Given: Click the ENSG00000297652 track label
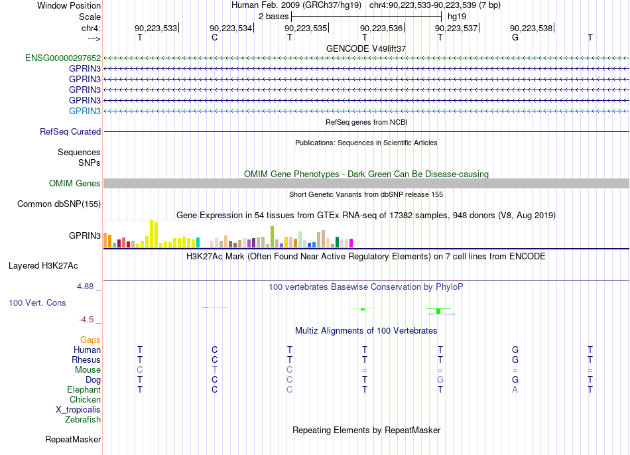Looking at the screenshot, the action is [63, 58].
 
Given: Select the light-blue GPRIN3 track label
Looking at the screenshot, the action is [85, 111].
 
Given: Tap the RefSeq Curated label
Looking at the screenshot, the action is [70, 131].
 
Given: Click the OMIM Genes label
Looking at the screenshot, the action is [75, 183].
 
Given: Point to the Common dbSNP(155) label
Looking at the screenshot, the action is [59, 204].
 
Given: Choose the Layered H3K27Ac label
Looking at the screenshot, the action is [43, 266].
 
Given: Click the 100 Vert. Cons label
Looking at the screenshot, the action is [37, 302].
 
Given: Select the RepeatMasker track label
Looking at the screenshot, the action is [73, 439].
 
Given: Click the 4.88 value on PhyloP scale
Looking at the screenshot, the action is [85, 286].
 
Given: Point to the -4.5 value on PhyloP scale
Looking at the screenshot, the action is [86, 320].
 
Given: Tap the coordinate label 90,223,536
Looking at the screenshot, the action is [381, 28].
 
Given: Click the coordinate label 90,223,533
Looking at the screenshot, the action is [156, 28].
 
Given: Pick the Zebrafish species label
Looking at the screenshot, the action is [83, 419].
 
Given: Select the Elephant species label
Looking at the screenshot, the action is [84, 389].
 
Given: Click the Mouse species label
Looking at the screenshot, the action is [88, 369].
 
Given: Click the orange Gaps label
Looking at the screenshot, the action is [90, 340].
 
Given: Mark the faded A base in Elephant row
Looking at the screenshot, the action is [515, 389].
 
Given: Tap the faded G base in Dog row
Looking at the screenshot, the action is [440, 379].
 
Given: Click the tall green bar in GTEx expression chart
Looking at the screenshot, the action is [272, 237].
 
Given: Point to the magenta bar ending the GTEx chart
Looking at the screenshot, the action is [351, 243].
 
